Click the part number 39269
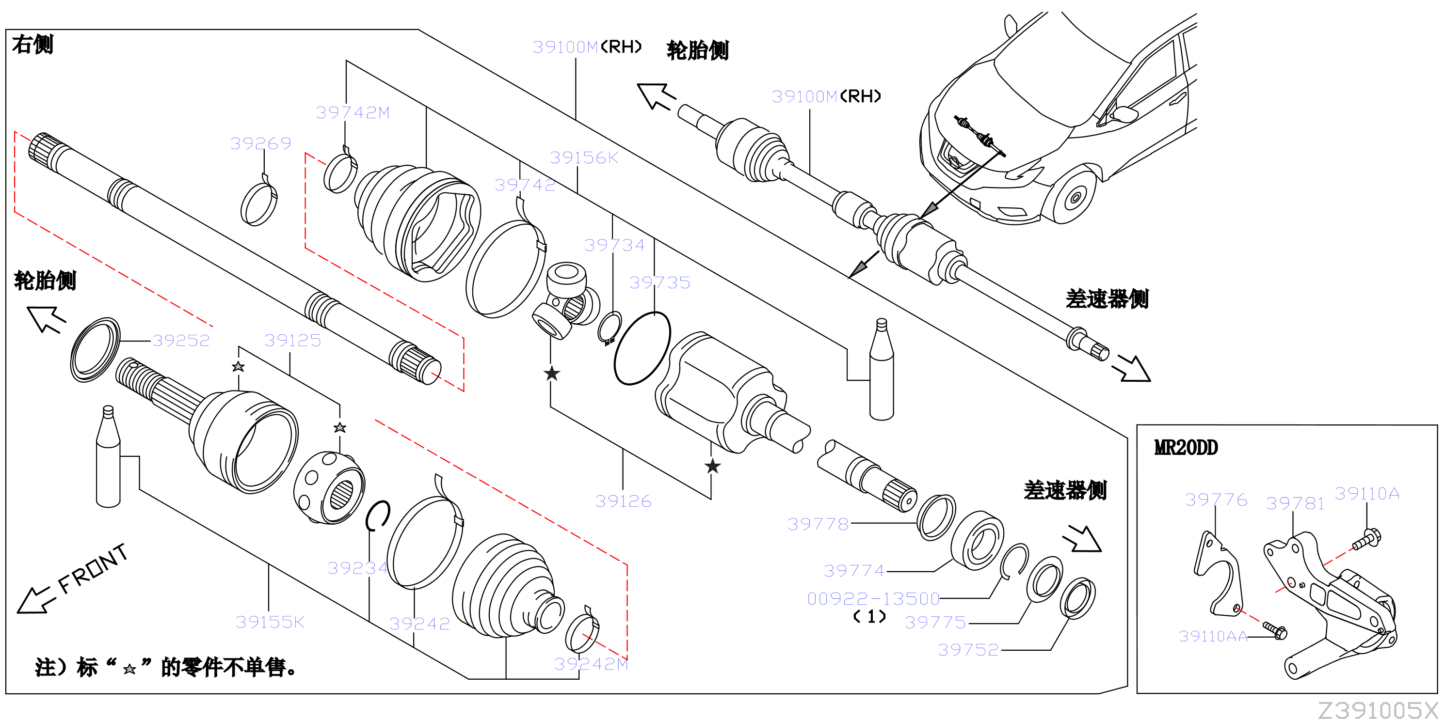261,143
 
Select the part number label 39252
181,340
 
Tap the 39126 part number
623,501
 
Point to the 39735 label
659,282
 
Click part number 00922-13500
873,598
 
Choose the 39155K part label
270,622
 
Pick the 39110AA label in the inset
1213,637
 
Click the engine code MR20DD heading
1186,448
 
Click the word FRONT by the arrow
93,568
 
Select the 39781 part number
1295,503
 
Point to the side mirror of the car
1124,114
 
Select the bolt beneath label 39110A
1367,539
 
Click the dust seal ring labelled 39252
95,350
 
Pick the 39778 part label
818,524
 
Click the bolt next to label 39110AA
1275,630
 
